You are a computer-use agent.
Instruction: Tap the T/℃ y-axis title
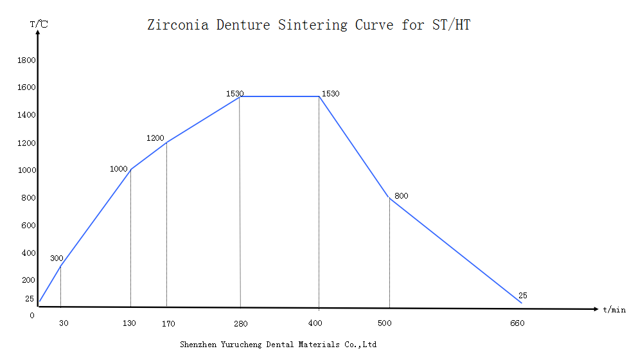[38, 24]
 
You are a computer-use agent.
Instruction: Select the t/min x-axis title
[614, 310]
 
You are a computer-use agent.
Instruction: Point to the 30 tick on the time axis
[64, 323]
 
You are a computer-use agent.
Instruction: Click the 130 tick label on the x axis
[129, 323]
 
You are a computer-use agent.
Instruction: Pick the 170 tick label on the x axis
[168, 323]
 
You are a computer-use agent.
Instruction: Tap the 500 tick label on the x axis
[385, 323]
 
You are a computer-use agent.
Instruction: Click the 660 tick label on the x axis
[517, 323]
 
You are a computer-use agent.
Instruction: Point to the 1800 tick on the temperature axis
[26, 60]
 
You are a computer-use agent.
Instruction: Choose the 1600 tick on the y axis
[26, 87]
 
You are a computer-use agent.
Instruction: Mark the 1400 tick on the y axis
[26, 115]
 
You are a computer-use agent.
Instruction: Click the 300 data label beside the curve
[57, 258]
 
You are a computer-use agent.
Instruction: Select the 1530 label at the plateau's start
[234, 94]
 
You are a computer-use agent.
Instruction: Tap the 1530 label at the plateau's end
[330, 94]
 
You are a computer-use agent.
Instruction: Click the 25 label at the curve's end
[522, 296]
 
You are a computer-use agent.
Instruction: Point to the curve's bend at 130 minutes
[131, 170]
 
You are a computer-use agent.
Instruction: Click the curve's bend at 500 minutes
[389, 197]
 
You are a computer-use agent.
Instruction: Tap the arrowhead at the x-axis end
[596, 309]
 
